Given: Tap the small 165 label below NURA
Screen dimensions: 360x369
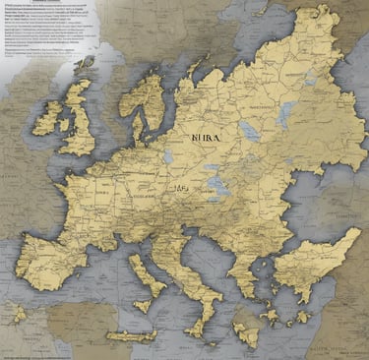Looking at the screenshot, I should click(181, 189).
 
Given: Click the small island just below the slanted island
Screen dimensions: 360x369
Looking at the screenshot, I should click(147, 306).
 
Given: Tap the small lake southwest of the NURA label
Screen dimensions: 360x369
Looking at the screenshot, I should click(168, 155).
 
